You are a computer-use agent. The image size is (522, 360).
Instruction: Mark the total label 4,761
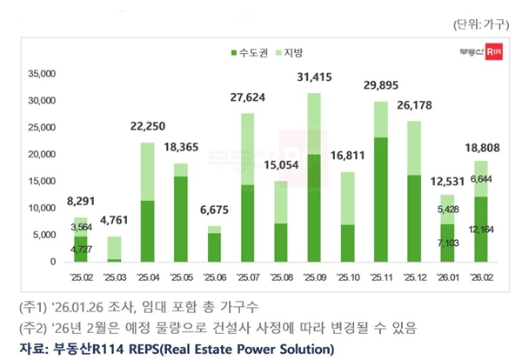tap(114, 220)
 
